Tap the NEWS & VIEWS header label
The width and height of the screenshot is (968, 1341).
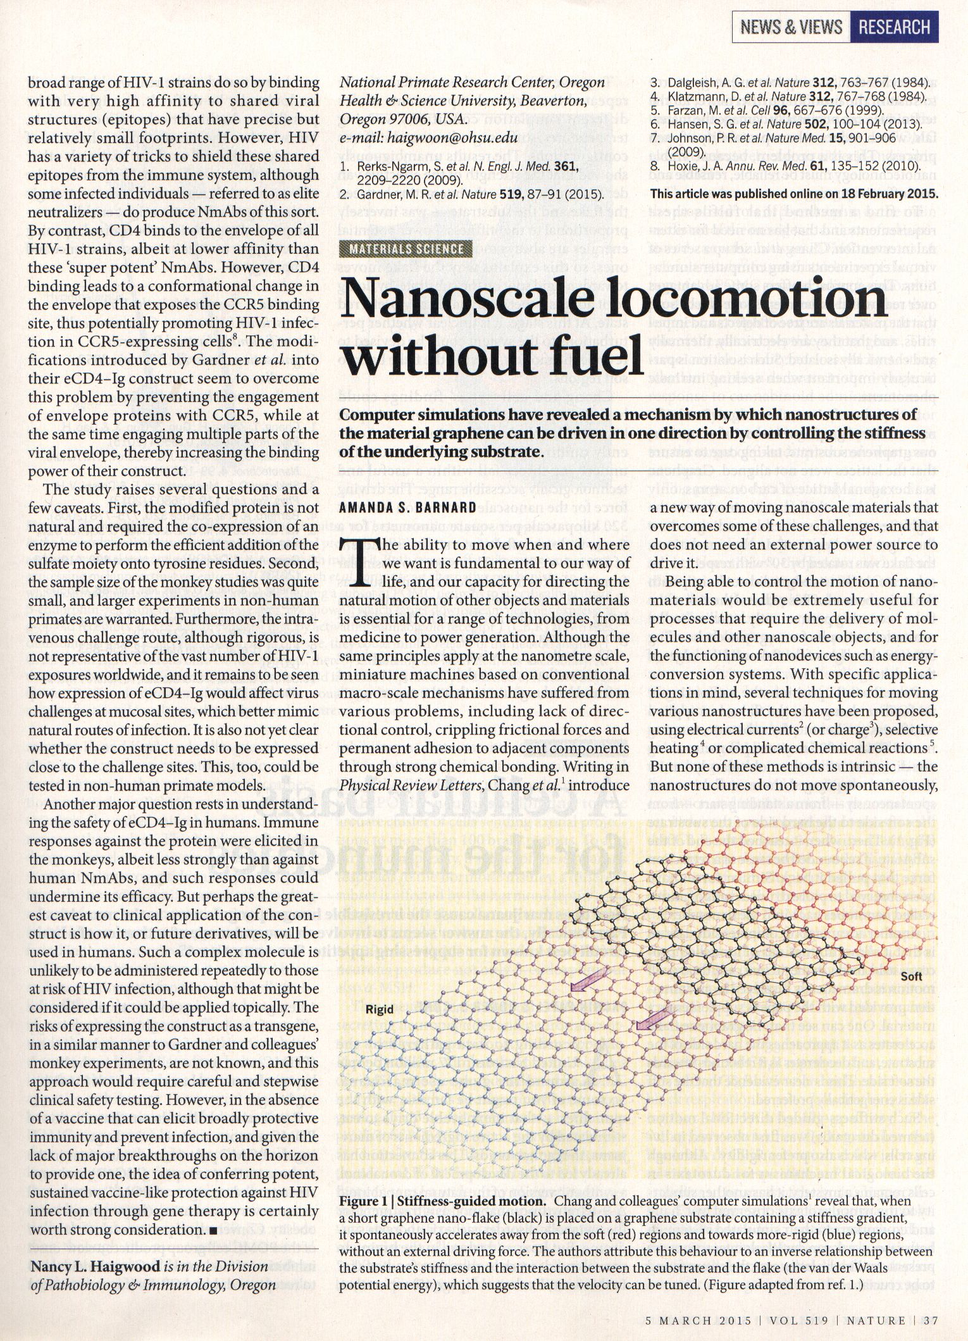pos(791,28)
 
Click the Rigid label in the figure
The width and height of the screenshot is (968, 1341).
pos(379,1009)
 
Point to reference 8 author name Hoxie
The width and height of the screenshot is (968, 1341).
pos(685,165)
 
